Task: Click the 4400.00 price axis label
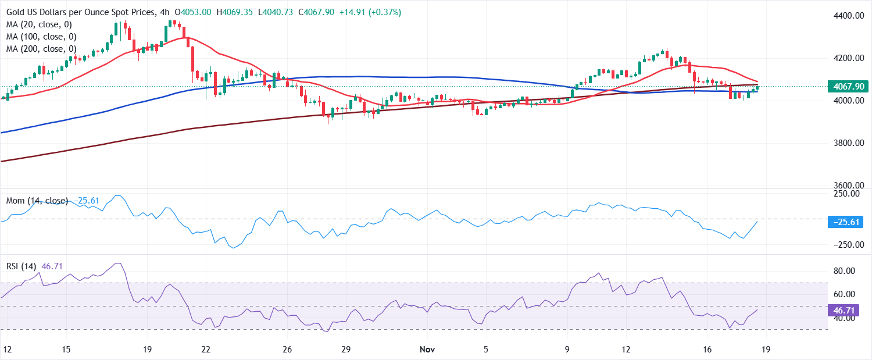[846, 16]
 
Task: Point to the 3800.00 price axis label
[846, 143]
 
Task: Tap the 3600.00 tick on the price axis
[846, 186]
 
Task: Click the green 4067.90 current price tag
[848, 87]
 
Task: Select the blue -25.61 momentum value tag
[848, 222]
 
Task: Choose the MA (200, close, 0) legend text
[43, 49]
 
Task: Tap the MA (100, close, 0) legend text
[43, 37]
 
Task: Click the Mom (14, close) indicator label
[37, 201]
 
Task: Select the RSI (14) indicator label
[21, 266]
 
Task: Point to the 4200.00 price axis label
[846, 58]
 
